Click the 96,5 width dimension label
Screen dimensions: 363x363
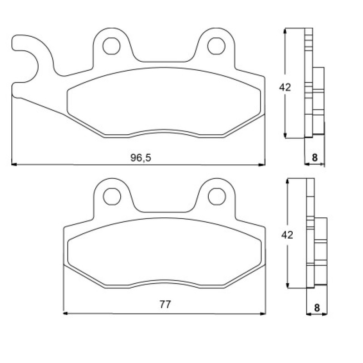(141, 158)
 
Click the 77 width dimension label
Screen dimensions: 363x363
(165, 304)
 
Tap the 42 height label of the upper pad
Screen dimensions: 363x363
(285, 88)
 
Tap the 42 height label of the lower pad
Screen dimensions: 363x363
(287, 235)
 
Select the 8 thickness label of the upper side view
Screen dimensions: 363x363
(314, 157)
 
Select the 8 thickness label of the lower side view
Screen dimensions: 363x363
(317, 308)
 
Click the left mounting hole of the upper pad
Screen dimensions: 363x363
(111, 46)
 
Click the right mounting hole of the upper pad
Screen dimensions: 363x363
(216, 46)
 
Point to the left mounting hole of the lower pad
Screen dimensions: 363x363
(112, 196)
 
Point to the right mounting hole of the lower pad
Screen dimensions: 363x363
(217, 196)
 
